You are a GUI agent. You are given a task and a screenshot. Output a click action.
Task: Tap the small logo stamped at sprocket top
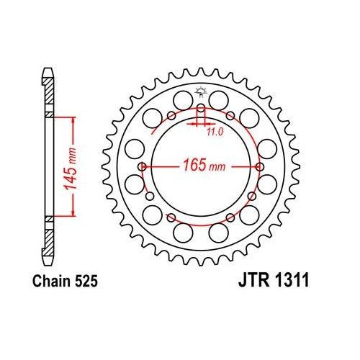pyautogui.click(x=200, y=91)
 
